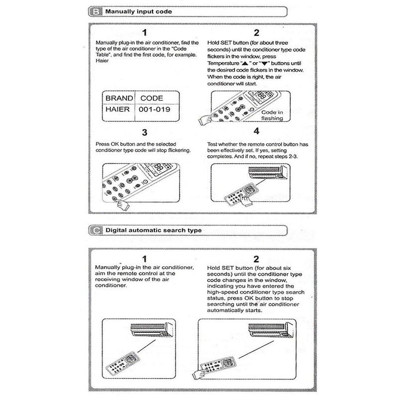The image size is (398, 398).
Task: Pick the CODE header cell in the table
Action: pos(151,98)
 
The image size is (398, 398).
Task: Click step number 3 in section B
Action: pos(145,133)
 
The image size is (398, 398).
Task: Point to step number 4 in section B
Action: pos(256,131)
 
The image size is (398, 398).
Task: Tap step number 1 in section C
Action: pos(145,259)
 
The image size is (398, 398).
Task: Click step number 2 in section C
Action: pos(256,259)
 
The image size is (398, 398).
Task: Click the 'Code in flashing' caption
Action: pos(272,115)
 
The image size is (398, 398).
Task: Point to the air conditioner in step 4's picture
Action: pos(267,172)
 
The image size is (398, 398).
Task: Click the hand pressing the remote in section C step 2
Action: pos(200,374)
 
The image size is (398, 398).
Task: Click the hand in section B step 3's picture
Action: pos(121,204)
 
